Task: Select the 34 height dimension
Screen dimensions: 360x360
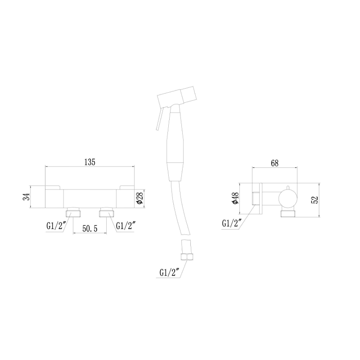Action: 27,197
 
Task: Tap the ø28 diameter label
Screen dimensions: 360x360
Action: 139,198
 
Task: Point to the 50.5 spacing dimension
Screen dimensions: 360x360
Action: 90,229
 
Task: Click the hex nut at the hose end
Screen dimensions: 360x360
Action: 185,257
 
